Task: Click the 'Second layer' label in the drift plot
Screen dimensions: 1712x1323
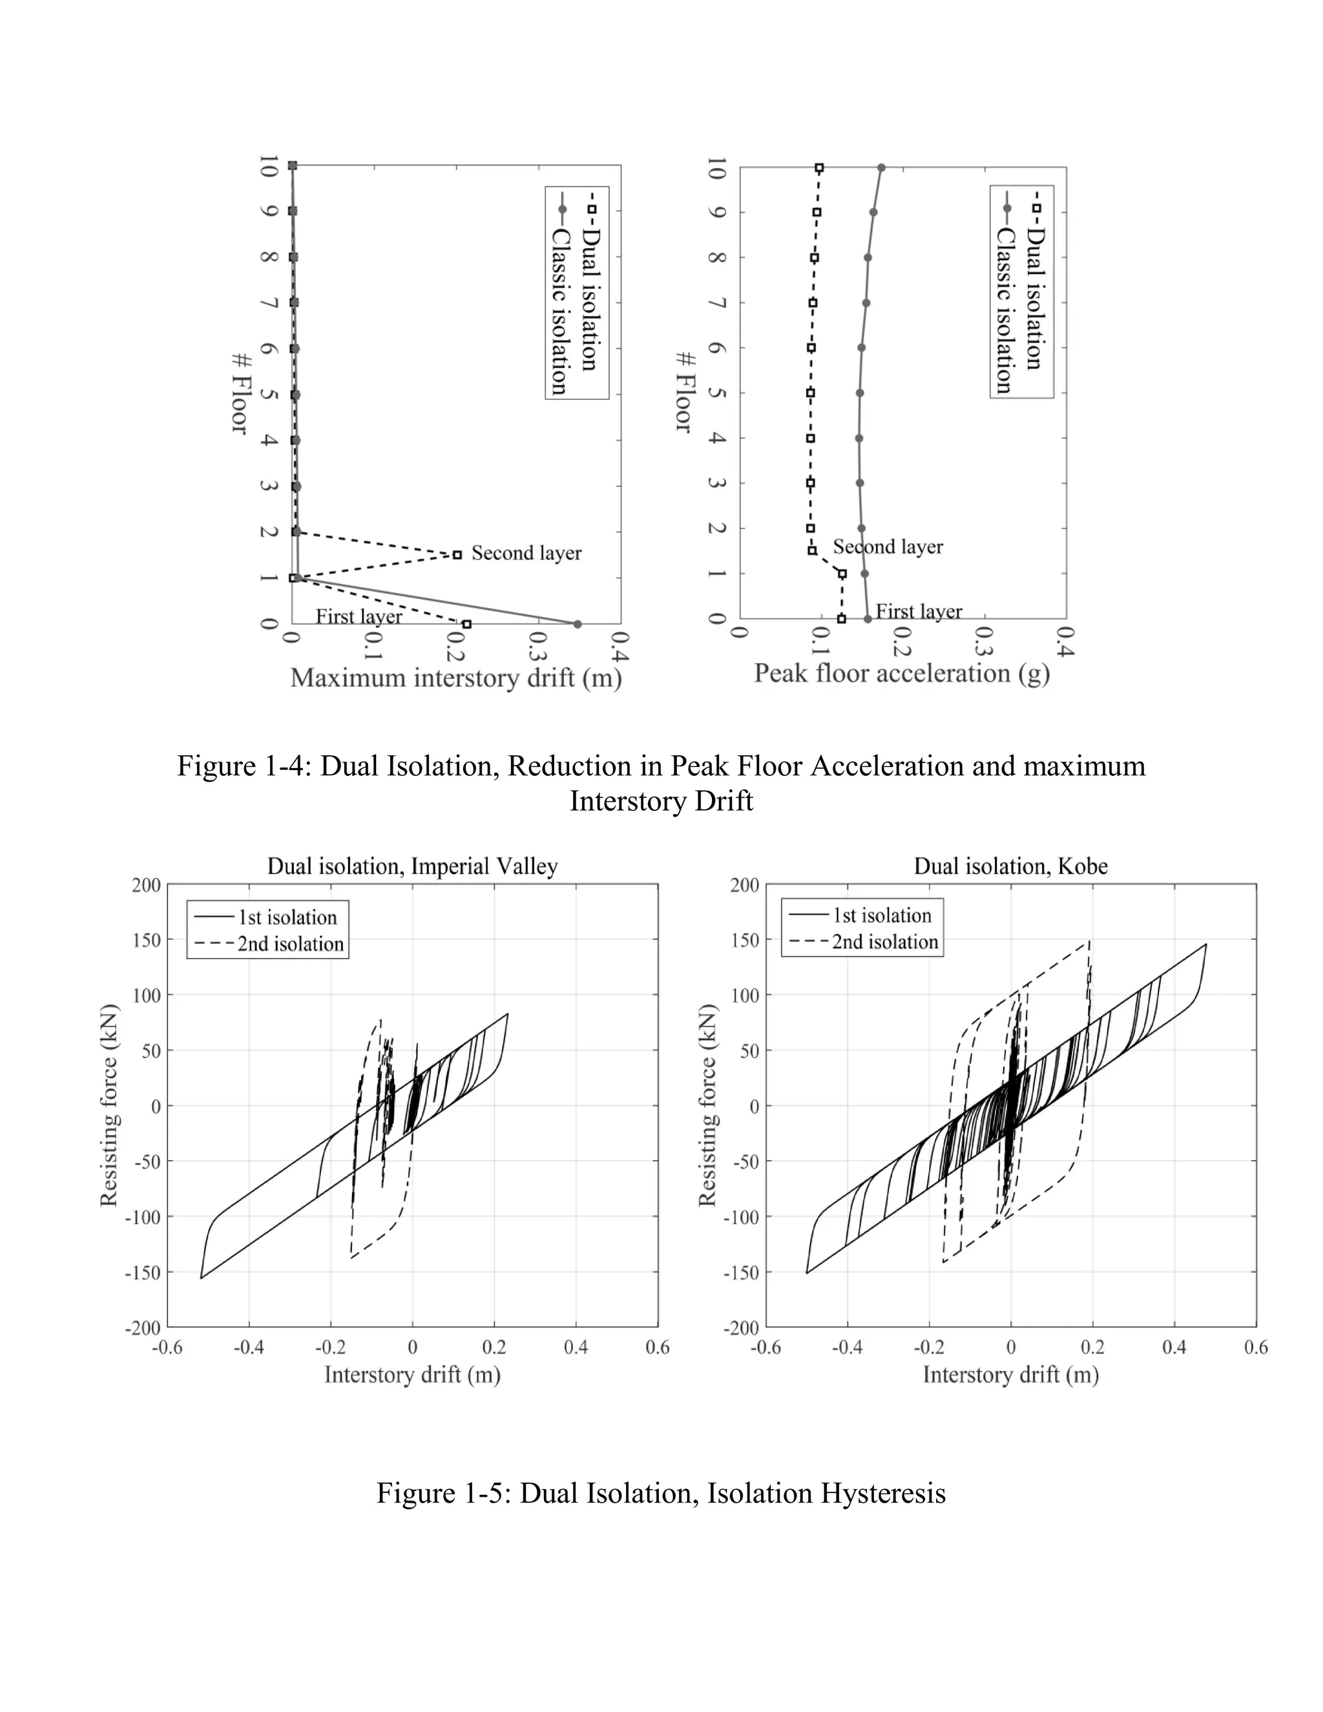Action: [526, 554]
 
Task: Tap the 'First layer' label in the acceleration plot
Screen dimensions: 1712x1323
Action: [918, 611]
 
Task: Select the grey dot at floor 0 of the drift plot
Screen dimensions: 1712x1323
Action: [578, 624]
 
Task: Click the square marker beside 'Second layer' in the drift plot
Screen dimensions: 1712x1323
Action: [458, 555]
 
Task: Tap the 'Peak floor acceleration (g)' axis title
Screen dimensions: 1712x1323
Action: [901, 673]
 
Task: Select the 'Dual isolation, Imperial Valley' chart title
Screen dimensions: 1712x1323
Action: [412, 866]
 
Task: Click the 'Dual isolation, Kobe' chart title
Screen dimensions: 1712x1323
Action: [1010, 866]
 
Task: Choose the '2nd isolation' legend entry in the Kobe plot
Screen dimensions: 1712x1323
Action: [884, 941]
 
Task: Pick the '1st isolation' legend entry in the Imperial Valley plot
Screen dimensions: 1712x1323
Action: [287, 917]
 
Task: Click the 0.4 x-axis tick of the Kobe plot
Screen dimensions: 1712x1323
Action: [1173, 1347]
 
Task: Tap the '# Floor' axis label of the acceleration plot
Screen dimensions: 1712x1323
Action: [684, 392]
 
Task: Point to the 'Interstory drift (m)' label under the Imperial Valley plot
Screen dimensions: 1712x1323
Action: [412, 1374]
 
